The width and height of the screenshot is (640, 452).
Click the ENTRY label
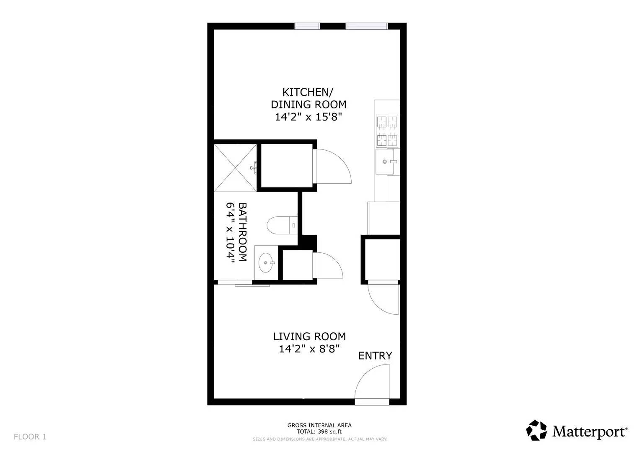click(375, 356)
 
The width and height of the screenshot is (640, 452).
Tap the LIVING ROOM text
click(309, 336)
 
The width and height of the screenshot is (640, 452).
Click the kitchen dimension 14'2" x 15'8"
click(308, 117)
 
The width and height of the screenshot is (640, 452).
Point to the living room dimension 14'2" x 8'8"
click(309, 349)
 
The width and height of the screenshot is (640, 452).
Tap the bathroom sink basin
click(266, 263)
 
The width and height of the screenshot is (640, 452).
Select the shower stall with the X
click(235, 168)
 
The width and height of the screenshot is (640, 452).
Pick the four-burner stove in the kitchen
click(387, 131)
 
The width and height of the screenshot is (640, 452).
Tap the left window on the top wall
click(307, 26)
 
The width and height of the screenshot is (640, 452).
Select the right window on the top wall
click(366, 26)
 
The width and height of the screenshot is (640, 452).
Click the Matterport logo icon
click(536, 431)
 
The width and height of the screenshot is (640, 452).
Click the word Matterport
click(589, 431)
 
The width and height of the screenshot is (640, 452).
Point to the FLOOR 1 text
click(30, 437)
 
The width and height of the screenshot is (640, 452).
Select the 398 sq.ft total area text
click(319, 431)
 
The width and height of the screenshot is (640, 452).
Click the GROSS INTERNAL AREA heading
click(319, 425)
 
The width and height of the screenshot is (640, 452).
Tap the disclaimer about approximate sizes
click(319, 439)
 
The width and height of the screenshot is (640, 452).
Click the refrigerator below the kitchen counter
click(383, 218)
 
